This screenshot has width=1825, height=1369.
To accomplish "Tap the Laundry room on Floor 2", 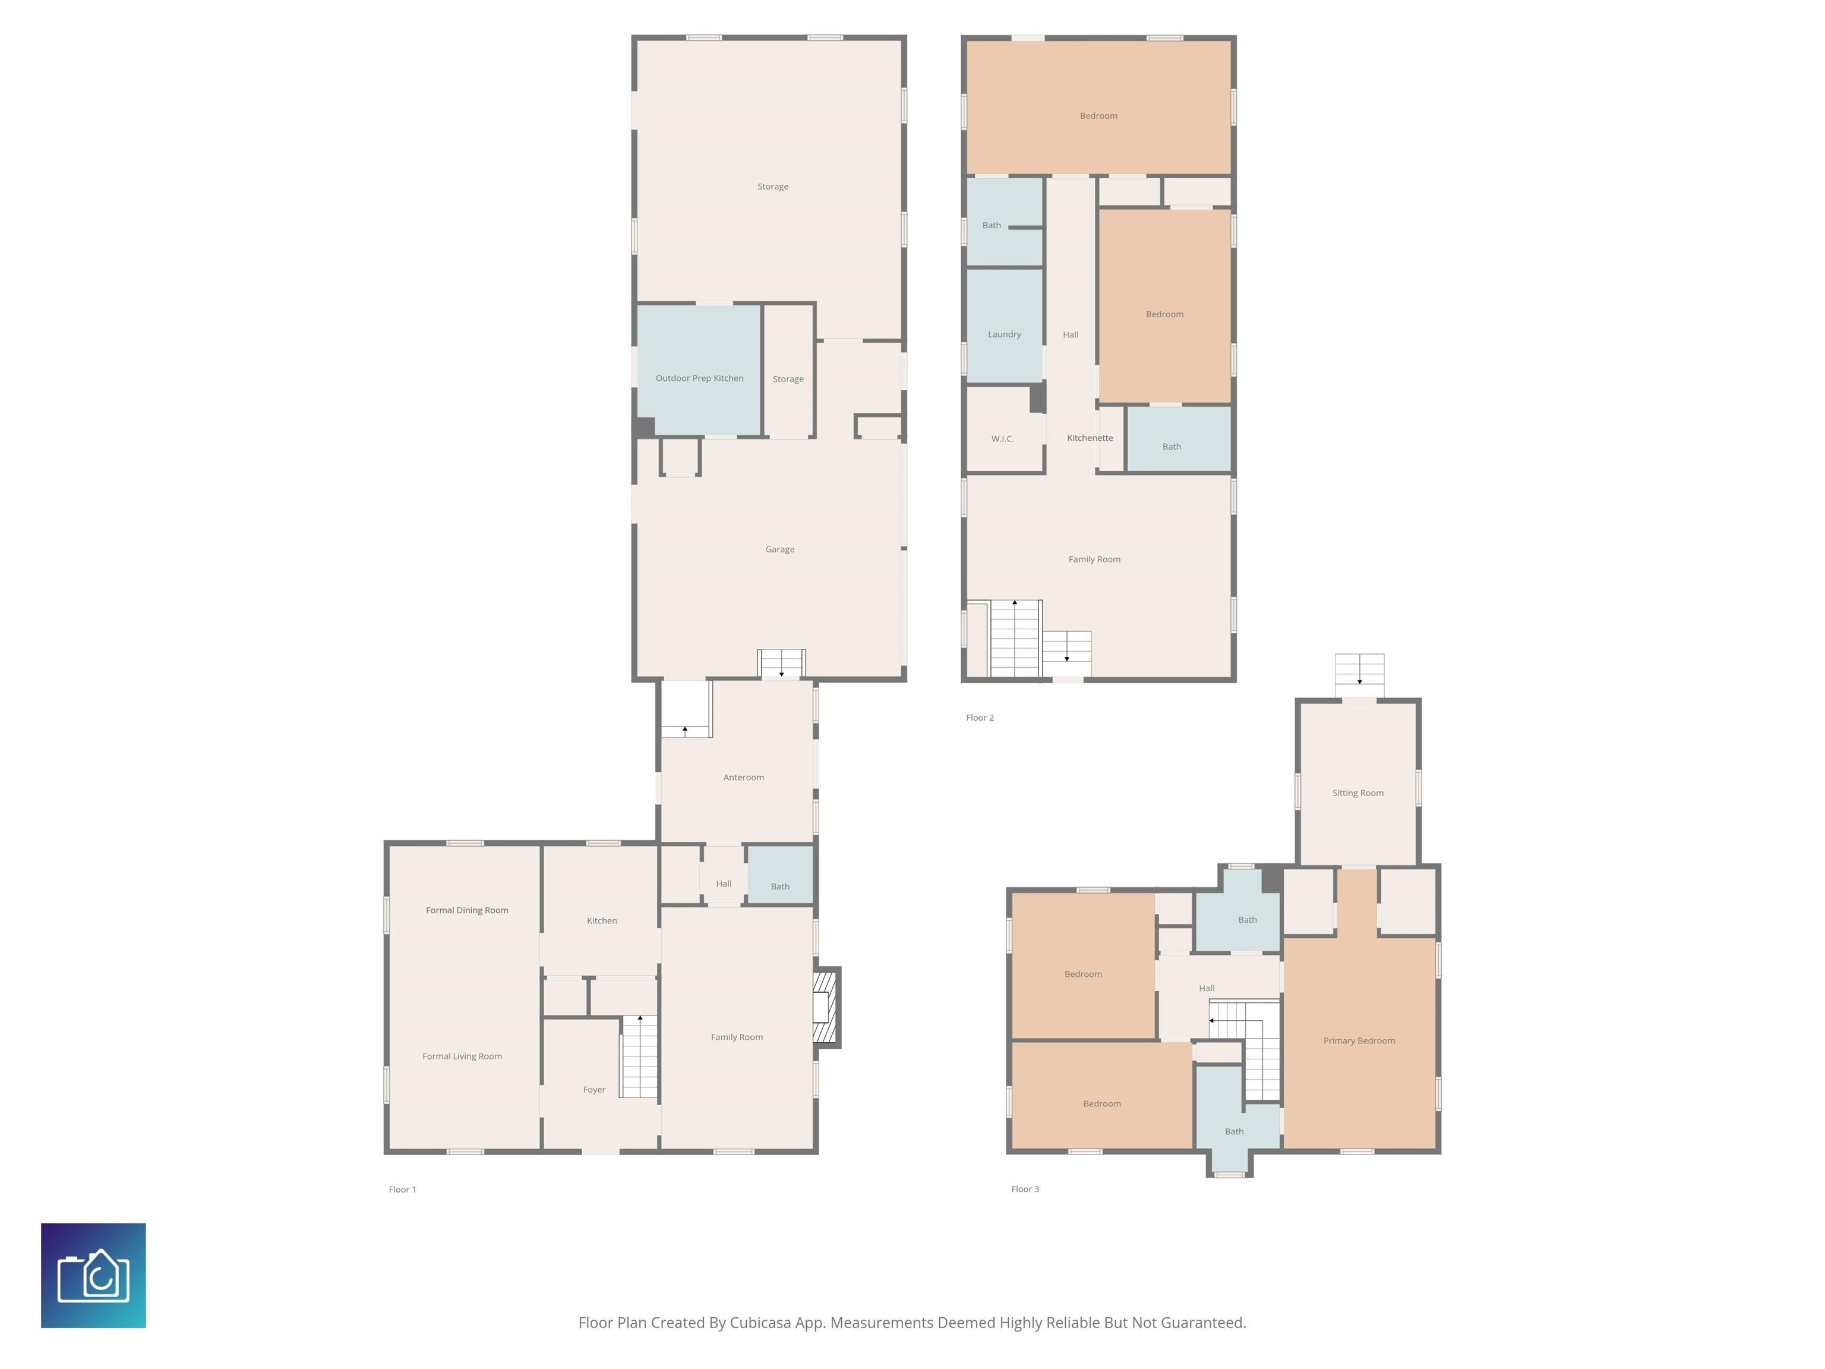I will point(1004,334).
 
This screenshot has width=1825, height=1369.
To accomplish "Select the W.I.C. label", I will point(1002,439).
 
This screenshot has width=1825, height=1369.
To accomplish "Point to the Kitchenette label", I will point(1089,438).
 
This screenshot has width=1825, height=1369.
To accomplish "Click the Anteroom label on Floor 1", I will point(743,777).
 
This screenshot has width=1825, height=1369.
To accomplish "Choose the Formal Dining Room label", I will point(466,910).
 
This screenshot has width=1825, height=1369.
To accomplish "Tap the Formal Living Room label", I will point(462,1056).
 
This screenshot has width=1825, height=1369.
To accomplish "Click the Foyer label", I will point(594,1089).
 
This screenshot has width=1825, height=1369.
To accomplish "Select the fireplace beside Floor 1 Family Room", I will point(826,1008).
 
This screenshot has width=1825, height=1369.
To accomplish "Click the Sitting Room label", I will point(1357,793).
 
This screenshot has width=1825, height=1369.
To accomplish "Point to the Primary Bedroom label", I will point(1359,1040).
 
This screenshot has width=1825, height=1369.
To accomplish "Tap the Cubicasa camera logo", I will point(93,1275).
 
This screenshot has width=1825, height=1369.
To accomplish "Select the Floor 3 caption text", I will point(1025,1189).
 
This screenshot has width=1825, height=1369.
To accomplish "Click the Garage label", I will point(779,550).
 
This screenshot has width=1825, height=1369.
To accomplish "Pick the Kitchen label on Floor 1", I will point(601,921).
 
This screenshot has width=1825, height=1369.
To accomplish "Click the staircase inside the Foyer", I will point(639,1056).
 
